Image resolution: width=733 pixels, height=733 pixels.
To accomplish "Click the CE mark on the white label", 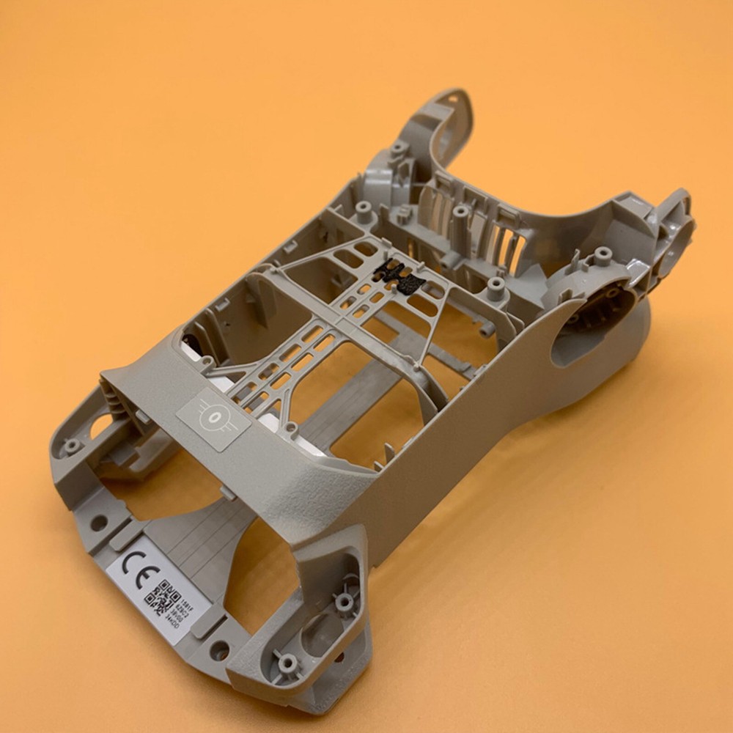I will click(137, 566).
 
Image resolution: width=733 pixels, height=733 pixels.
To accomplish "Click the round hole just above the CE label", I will click(98, 523).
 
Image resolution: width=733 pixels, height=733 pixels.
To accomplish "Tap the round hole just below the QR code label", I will click(219, 649).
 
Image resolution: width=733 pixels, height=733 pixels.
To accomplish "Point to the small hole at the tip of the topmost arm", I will click(452, 97).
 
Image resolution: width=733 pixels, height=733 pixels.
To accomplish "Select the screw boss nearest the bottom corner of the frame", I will click(288, 662).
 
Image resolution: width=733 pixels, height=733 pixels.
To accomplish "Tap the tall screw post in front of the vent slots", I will click(460, 213).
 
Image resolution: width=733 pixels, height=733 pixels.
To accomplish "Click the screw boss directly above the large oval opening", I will click(603, 254).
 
